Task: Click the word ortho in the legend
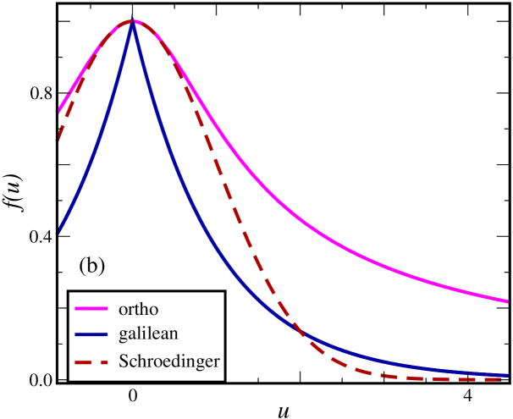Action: pos(139,308)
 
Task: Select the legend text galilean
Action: pos(149,334)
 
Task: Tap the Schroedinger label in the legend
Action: pos(169,361)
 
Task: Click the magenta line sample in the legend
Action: pos(91,308)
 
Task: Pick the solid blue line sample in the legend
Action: pos(91,334)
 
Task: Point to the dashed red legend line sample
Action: pos(91,361)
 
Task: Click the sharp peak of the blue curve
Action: pos(133,23)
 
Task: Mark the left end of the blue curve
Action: pos(59,230)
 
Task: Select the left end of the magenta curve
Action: pos(59,111)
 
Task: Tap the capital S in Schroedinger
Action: pos(124,361)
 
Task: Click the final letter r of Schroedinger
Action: pos(217,362)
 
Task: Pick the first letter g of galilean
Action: pos(124,336)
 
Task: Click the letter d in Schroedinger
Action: pos(171,361)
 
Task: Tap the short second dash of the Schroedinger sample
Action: pos(105,361)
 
